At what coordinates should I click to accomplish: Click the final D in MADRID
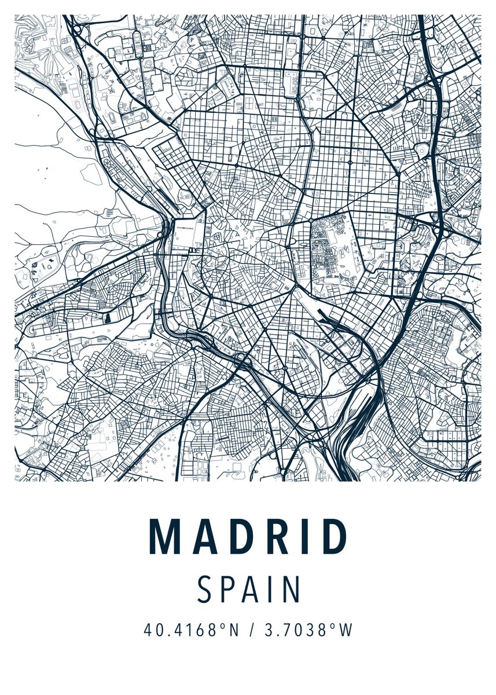click(334, 537)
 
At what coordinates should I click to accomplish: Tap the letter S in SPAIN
click(205, 589)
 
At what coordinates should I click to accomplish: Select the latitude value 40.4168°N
click(190, 630)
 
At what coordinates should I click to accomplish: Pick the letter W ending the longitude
click(346, 630)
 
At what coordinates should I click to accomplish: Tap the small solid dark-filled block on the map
click(107, 318)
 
